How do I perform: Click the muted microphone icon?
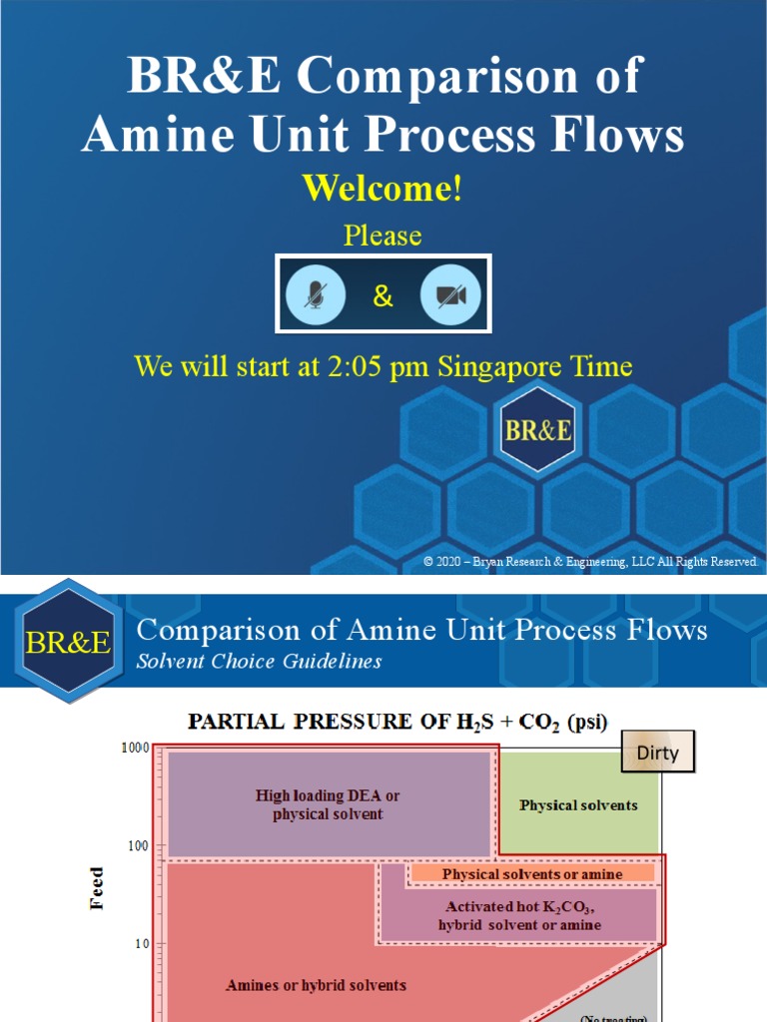(317, 295)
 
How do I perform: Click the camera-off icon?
(450, 295)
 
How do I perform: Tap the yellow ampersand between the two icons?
(383, 296)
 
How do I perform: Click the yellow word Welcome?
(383, 188)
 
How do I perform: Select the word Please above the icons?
(383, 236)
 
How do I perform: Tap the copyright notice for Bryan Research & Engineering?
(590, 562)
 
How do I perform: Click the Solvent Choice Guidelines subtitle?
(259, 662)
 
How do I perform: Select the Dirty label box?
(657, 754)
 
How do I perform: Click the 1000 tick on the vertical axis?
(135, 748)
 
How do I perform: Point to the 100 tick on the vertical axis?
(137, 845)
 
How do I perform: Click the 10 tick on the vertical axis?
(141, 943)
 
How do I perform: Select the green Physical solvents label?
(578, 805)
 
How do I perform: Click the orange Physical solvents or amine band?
(532, 874)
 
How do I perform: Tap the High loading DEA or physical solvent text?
(328, 804)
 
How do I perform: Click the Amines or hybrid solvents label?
(316, 985)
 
